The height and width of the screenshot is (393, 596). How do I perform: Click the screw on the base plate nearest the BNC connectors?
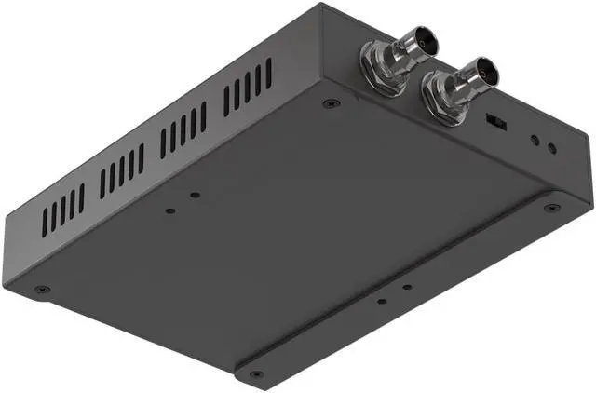(x=331, y=103)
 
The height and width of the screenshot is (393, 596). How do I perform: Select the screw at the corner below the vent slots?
(x=41, y=291)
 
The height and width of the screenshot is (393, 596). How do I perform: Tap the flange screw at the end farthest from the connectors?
(x=254, y=375)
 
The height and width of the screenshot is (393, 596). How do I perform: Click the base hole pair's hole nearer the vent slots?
(x=169, y=210)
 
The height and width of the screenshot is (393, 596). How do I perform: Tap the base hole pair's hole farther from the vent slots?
(x=195, y=196)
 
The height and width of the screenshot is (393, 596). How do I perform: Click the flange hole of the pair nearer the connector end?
(x=407, y=287)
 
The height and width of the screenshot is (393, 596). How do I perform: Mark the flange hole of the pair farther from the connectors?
(x=382, y=302)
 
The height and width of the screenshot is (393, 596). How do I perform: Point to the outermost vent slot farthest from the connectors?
(x=44, y=222)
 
